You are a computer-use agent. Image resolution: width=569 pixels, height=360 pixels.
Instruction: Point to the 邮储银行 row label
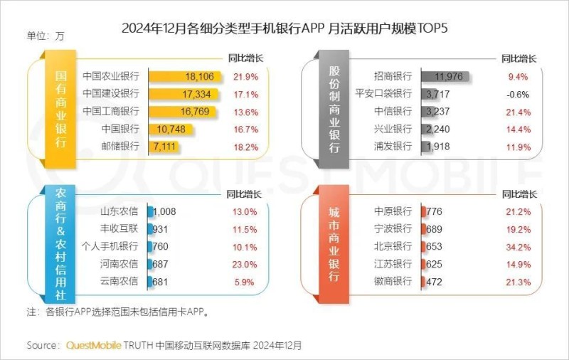tap(120, 147)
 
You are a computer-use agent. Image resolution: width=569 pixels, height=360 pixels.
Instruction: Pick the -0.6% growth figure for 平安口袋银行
tap(518, 94)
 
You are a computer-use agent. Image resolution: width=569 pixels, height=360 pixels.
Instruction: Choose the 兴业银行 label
tap(393, 129)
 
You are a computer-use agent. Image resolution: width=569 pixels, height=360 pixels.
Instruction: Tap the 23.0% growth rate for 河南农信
tap(245, 264)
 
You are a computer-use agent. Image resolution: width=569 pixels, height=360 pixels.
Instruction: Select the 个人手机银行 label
tap(110, 246)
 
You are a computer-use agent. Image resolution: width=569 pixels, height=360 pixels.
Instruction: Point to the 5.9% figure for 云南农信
tap(245, 282)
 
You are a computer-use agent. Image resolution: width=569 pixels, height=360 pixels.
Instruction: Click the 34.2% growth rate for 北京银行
tap(518, 246)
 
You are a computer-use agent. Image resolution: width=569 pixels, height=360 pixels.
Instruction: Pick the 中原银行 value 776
tap(434, 211)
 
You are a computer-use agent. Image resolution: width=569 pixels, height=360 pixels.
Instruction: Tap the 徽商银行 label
tap(393, 282)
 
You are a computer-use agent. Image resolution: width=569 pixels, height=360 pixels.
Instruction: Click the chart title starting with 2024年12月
tap(284, 28)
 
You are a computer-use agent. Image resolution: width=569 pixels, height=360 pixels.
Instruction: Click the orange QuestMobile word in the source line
tap(93, 345)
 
